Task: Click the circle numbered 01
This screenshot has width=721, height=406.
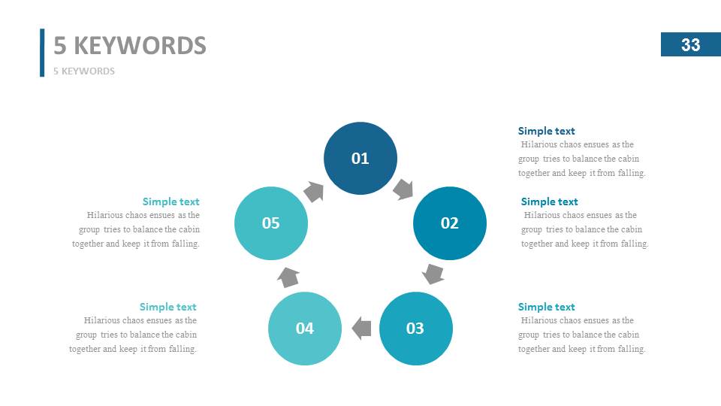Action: click(360, 158)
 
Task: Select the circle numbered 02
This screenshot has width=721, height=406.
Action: click(449, 223)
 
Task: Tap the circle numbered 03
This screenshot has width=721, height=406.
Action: click(415, 329)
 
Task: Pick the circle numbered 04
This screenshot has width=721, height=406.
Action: click(304, 329)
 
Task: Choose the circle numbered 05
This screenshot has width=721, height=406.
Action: click(270, 223)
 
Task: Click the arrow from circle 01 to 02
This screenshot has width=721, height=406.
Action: click(404, 189)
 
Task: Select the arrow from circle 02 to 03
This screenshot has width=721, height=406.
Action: click(433, 274)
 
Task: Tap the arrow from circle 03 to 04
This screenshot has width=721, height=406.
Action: click(361, 328)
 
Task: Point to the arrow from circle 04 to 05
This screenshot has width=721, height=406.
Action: click(288, 277)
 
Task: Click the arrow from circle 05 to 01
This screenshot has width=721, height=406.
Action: click(314, 191)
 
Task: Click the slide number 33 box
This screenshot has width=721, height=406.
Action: click(690, 45)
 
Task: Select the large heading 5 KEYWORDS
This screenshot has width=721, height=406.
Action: click(130, 46)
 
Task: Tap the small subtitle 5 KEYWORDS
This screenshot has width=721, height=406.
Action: click(84, 71)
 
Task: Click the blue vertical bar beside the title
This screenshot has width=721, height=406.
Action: click(42, 53)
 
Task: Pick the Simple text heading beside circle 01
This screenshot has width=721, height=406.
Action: click(546, 131)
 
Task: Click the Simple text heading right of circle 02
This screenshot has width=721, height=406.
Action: click(549, 201)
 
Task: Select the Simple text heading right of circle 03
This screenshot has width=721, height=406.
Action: click(546, 307)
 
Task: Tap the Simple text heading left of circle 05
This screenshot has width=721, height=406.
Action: click(170, 201)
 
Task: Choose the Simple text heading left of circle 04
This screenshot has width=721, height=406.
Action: click(167, 307)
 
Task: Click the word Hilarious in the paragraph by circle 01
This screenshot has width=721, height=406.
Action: click(538, 144)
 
